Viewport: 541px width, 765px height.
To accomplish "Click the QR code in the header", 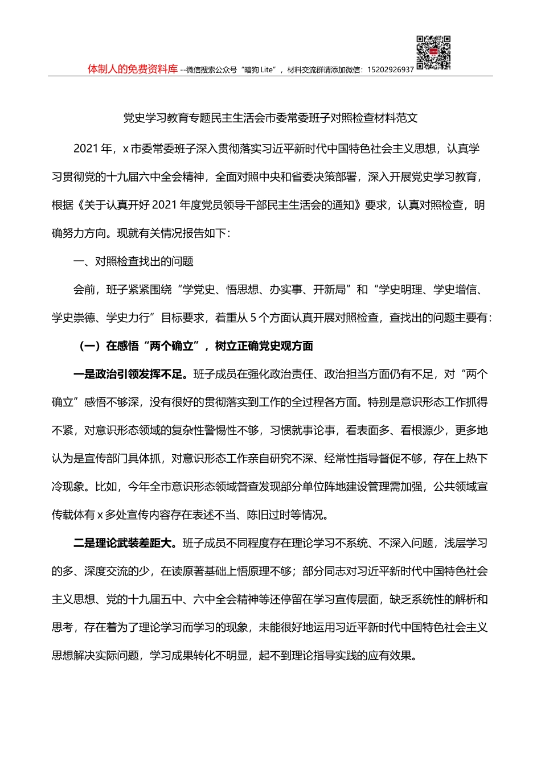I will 433,52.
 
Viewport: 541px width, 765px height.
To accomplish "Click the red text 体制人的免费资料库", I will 133,69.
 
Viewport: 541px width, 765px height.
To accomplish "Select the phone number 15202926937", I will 391,70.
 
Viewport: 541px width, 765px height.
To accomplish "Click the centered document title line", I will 270,118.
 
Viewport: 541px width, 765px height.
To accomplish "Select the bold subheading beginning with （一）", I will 194,346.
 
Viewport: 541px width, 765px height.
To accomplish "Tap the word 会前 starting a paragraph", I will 84,290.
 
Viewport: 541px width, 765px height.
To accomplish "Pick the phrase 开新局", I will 330,290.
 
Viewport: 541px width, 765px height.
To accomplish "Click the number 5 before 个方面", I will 253,318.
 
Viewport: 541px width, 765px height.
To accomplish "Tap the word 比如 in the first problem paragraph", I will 106,487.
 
